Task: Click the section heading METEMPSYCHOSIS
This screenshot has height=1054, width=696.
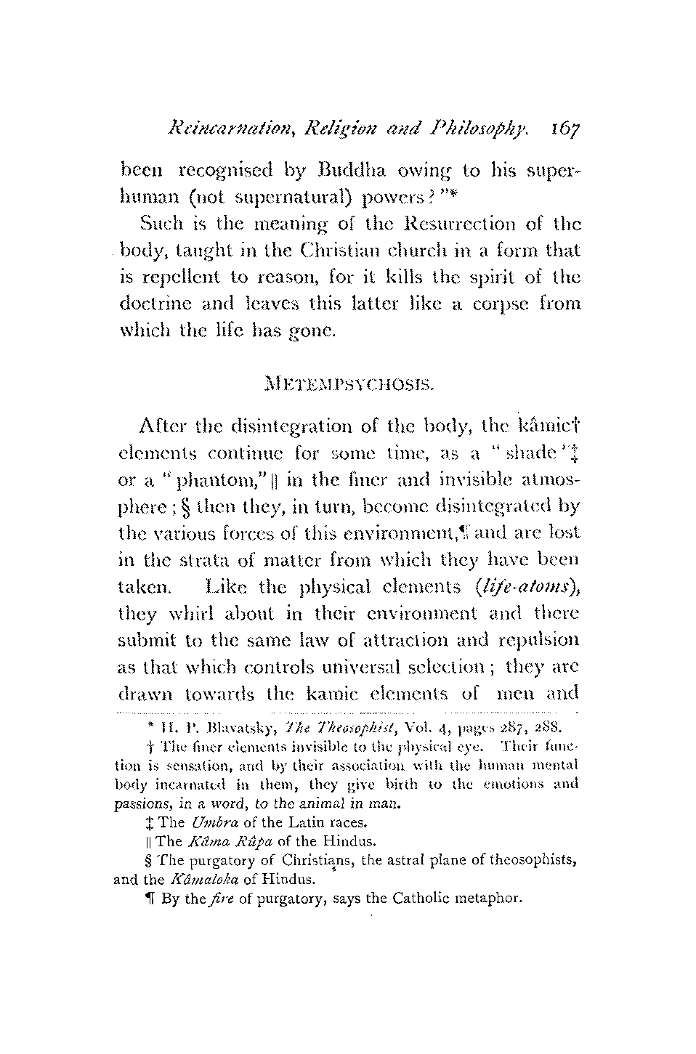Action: (x=348, y=381)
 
